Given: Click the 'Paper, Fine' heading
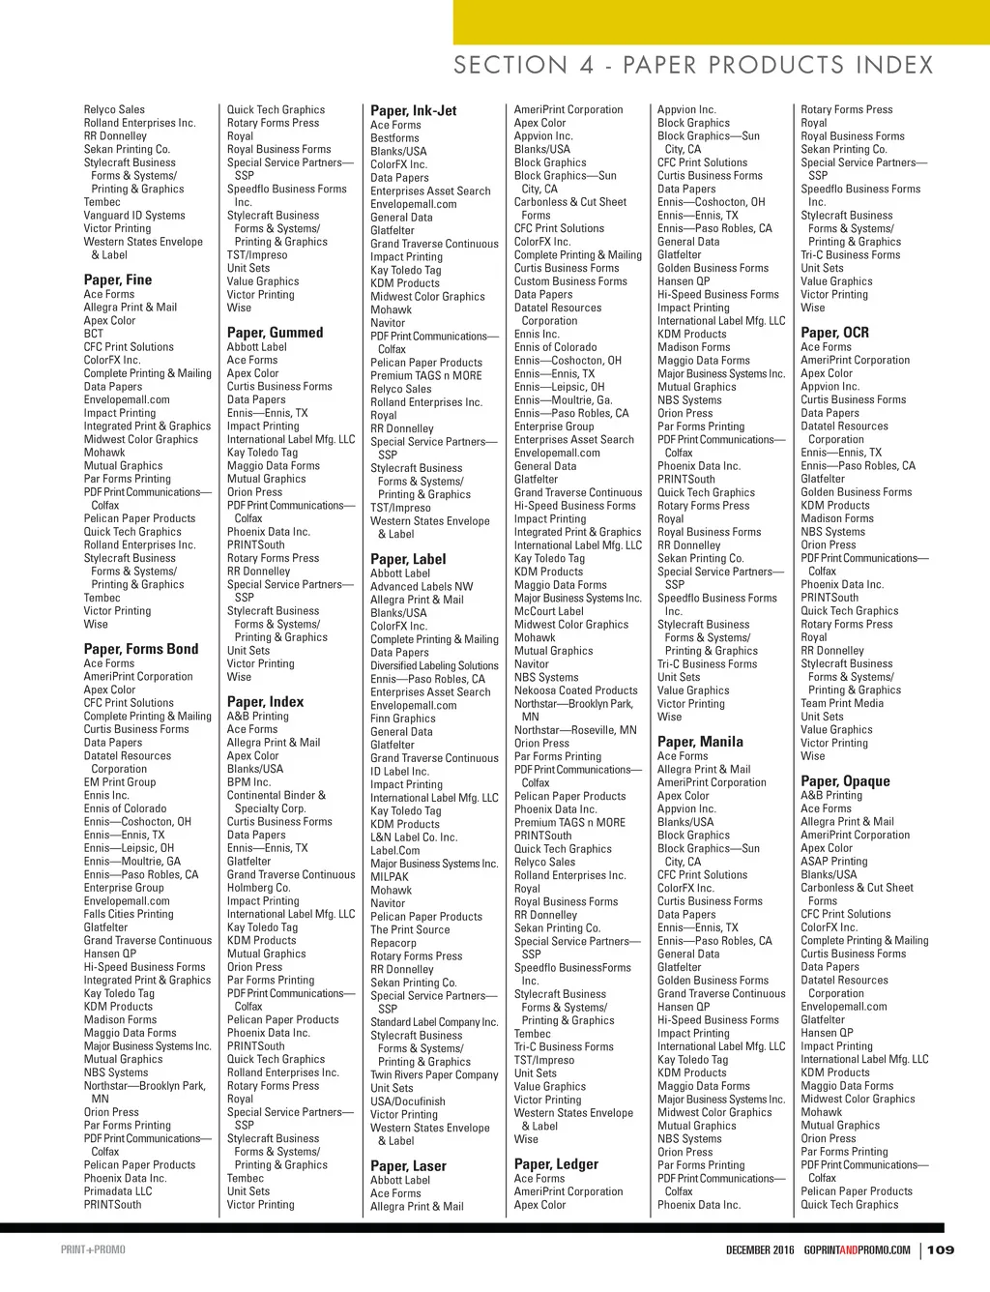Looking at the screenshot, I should (x=118, y=279).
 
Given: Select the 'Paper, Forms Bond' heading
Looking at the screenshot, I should (x=141, y=649).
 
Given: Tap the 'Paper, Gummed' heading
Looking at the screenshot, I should (x=275, y=332).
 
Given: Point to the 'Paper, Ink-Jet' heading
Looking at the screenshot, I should (x=414, y=110).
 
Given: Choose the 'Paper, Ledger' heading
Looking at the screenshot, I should (x=556, y=1164).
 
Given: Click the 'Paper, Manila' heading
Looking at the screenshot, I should (x=700, y=742).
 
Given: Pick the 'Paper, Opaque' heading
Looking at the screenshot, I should (x=845, y=781).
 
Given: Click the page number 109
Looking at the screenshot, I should (x=941, y=1249).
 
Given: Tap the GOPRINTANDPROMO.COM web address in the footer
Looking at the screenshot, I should (x=857, y=1249).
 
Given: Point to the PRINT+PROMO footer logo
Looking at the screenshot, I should (x=93, y=1249).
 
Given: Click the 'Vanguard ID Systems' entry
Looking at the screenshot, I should (x=134, y=216).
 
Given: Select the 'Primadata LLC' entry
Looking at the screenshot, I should (x=118, y=1191).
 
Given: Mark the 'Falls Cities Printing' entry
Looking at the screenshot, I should (x=129, y=914).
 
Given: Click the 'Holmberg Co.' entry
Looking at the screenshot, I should (x=258, y=888).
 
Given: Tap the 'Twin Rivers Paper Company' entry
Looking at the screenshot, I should (x=434, y=1074).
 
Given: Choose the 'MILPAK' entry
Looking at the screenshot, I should (x=391, y=877).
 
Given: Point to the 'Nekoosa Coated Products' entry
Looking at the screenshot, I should (x=576, y=690).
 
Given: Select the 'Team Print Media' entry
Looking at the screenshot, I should (x=842, y=703).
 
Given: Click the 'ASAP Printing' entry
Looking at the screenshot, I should (x=834, y=861).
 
